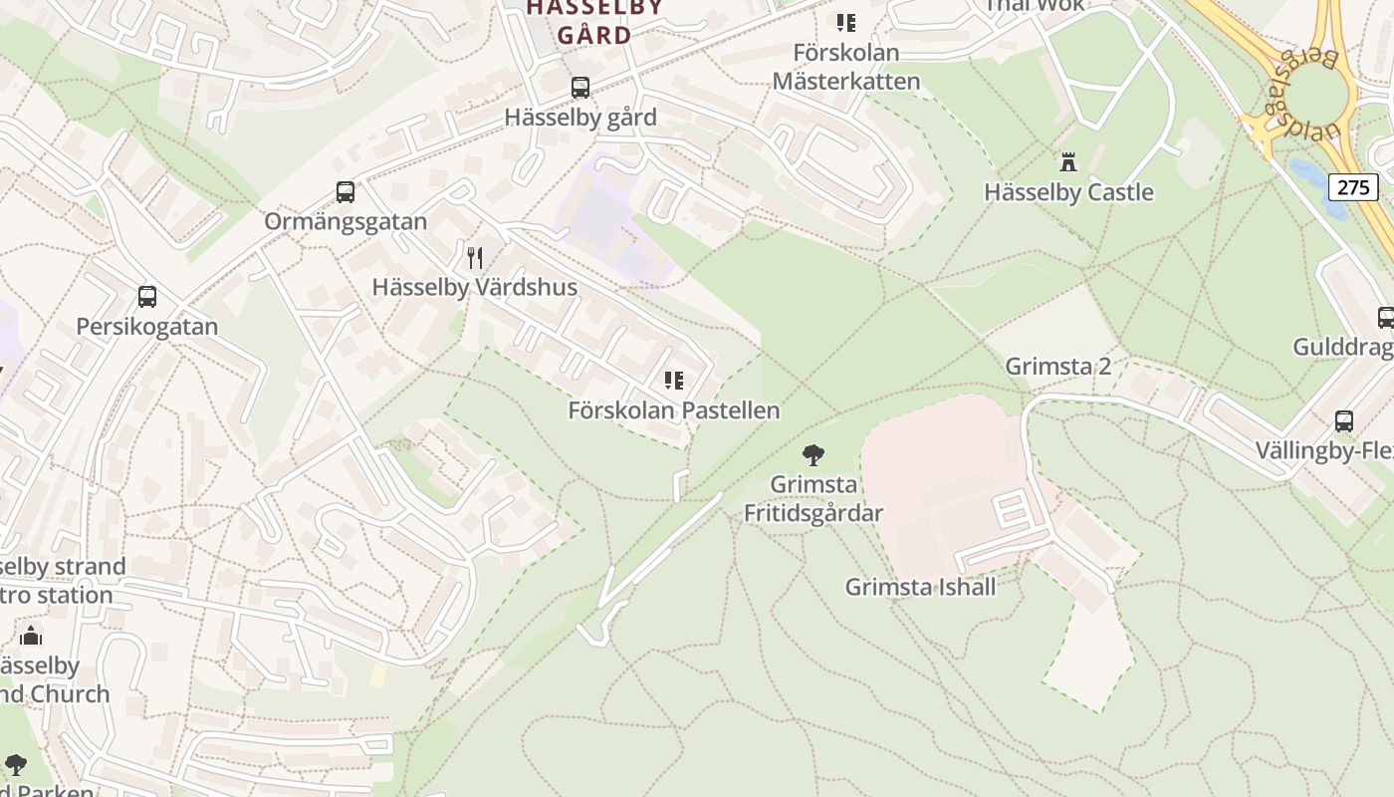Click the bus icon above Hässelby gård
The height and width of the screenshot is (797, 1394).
[581, 88]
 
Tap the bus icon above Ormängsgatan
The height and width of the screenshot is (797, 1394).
[346, 192]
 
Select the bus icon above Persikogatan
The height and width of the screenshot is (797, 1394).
[147, 297]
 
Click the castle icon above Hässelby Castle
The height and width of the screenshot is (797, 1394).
[1068, 162]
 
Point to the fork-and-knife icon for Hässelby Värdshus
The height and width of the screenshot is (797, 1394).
[475, 258]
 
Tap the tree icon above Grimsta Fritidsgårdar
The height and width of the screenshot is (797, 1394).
[813, 455]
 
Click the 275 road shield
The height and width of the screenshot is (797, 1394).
[1352, 187]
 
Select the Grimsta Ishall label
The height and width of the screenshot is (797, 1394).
[920, 587]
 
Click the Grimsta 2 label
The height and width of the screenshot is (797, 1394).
[1057, 366]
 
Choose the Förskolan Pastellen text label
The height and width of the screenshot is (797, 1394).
[674, 410]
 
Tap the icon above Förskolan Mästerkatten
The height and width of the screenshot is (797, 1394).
[846, 23]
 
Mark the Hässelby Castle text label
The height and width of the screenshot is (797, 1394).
[1068, 192]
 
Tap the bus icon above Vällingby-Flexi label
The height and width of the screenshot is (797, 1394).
[1344, 421]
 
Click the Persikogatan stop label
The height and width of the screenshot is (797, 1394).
[147, 327]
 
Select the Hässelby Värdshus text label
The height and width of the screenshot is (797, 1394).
[475, 288]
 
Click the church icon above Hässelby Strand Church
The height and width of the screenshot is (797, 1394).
[31, 636]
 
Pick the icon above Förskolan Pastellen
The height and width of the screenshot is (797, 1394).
[674, 381]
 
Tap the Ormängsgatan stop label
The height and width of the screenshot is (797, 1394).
[346, 222]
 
